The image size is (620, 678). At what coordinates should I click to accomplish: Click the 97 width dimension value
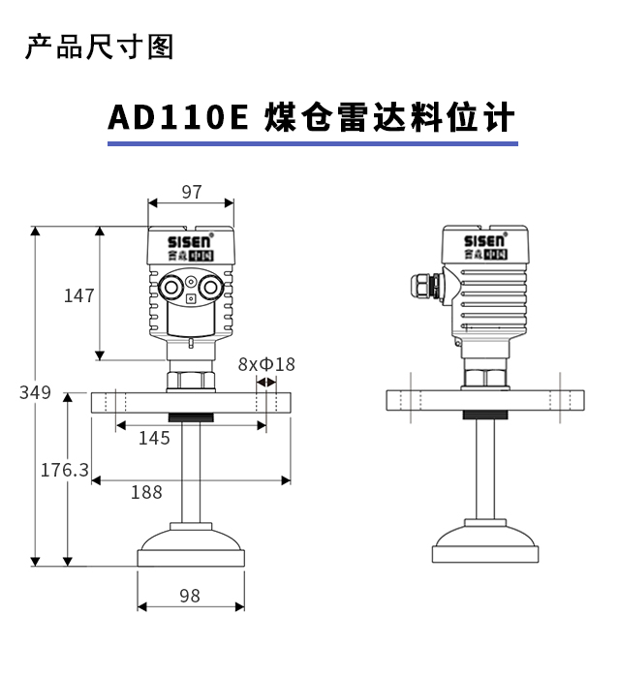pos(192,192)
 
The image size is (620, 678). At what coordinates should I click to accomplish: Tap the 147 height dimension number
pos(79,295)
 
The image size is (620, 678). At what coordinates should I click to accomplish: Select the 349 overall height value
pos(35,392)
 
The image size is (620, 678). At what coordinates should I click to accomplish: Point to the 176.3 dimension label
pos(64,470)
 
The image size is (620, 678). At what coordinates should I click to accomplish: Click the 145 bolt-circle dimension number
pos(154,439)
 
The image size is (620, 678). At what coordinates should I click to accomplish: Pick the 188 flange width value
pos(146,492)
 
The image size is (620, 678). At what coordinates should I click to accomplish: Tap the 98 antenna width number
pos(190,596)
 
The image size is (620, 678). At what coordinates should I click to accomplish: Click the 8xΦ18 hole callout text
pos(266,364)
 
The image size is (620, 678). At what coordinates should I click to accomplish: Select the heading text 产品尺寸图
pos(100,46)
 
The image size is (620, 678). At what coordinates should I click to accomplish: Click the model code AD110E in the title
pos(178,117)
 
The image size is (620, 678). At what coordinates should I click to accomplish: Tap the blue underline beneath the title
pos(313,143)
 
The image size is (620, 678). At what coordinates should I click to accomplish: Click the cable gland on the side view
pos(425,285)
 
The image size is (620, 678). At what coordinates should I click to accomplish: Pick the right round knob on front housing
pos(211,287)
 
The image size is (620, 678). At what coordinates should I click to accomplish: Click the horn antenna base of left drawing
pos(191,544)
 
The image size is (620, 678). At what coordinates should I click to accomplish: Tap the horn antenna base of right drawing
pos(485,541)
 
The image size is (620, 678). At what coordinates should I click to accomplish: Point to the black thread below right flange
pos(485,416)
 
